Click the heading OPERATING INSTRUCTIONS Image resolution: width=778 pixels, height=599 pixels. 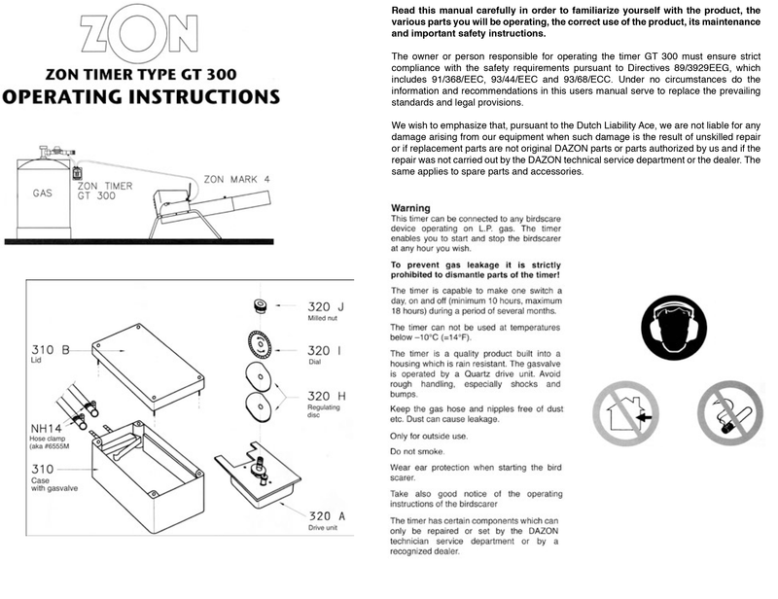coord(144,97)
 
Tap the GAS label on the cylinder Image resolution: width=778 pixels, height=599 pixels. coord(42,194)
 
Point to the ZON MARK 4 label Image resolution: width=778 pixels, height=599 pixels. coord(238,179)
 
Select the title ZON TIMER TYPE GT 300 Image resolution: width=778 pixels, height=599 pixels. coord(144,72)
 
